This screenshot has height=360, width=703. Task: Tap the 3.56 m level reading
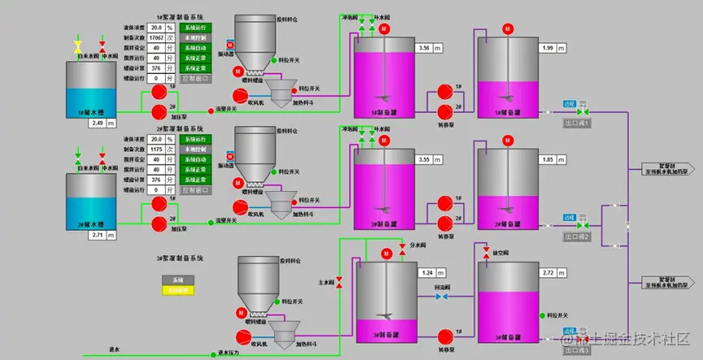(423, 49)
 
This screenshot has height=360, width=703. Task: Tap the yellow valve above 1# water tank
(78, 44)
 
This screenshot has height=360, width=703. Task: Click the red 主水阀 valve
(340, 282)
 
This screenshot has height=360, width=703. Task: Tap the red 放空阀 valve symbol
(486, 250)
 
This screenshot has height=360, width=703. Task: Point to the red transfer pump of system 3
(445, 335)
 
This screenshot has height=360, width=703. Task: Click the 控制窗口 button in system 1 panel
(195, 79)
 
